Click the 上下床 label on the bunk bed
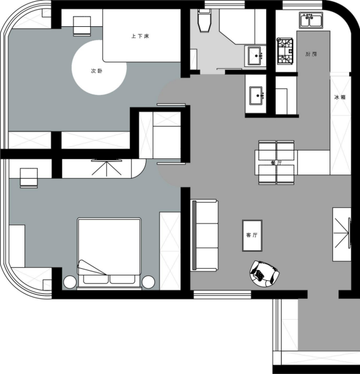(x=141, y=36)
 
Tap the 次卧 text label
(x=97, y=71)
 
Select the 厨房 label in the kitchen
(x=312, y=54)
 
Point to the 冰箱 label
(x=340, y=97)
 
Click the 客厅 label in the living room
(x=252, y=235)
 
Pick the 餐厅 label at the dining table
(x=276, y=163)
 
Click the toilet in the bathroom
(x=205, y=20)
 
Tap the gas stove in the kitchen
(x=285, y=51)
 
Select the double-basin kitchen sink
(x=311, y=20)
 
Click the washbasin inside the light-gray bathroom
(x=255, y=56)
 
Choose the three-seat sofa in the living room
(x=205, y=235)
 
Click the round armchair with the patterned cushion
(x=264, y=274)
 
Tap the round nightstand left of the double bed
(x=70, y=282)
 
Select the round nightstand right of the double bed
(x=148, y=282)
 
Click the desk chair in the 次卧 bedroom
(x=82, y=26)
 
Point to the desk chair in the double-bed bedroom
(x=29, y=178)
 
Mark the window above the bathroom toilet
(x=225, y=5)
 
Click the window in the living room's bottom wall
(x=222, y=295)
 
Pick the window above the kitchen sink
(x=303, y=5)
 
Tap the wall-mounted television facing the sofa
(x=349, y=233)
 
